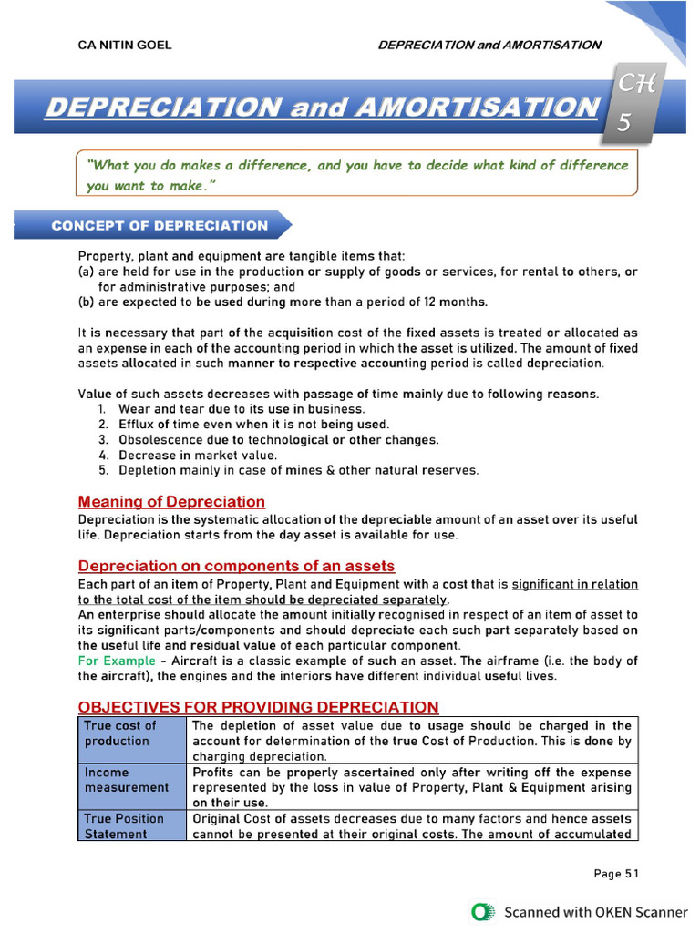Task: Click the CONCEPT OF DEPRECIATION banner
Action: click(x=160, y=226)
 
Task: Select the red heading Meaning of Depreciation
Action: click(x=171, y=502)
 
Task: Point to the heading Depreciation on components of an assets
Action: click(x=236, y=566)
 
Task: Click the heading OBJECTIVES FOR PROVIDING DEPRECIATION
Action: click(x=258, y=707)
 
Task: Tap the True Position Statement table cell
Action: click(x=131, y=825)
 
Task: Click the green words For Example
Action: click(x=117, y=661)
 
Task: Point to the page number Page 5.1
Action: click(x=616, y=874)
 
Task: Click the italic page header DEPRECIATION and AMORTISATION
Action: click(x=489, y=45)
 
